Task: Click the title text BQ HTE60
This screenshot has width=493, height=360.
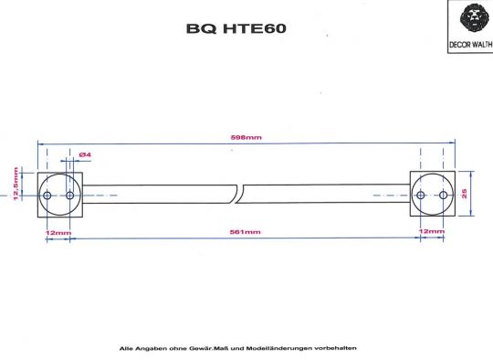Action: coord(236,28)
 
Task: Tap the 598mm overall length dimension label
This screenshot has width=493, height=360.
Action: coord(246,137)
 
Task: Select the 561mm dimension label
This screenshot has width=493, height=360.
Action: coord(246,232)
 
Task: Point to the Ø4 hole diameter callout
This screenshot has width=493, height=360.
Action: coord(84,154)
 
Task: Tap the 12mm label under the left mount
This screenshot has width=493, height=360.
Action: coord(58,232)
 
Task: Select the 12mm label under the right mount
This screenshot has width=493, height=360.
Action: coord(431,232)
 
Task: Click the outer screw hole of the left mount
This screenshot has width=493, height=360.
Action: coord(47,196)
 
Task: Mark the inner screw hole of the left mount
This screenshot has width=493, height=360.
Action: coord(69,196)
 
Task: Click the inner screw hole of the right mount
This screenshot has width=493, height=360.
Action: coord(422,196)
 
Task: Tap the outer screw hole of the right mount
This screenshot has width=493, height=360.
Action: coord(444,196)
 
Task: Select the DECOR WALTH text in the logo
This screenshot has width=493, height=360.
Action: coord(473,43)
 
